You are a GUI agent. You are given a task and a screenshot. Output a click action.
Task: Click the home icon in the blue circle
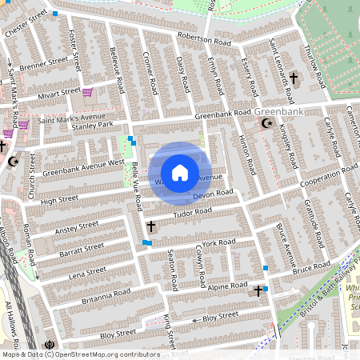(180, 173)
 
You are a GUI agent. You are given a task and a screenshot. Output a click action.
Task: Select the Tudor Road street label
(193, 212)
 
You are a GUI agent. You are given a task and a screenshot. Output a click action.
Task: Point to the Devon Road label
(213, 194)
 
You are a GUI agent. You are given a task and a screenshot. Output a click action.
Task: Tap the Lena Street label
(88, 273)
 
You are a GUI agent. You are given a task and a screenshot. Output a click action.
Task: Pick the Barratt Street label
(82, 250)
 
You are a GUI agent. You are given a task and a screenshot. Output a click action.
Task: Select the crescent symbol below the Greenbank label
(267, 124)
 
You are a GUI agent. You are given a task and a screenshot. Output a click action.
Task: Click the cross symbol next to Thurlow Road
(294, 78)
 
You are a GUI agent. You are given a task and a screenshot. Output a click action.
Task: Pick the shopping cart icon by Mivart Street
(87, 92)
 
